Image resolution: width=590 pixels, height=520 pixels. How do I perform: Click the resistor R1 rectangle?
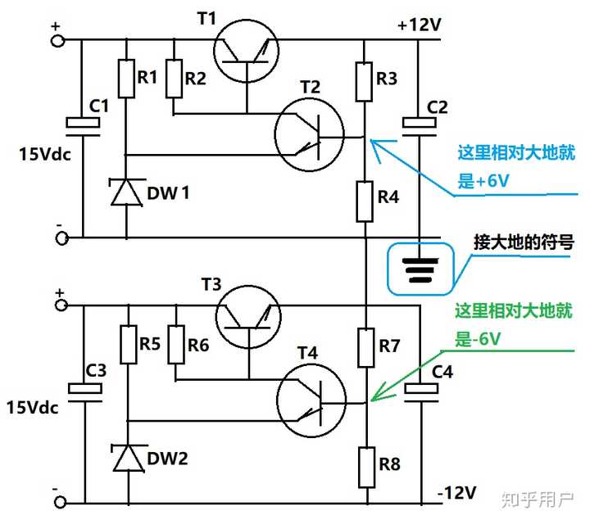[x=126, y=78]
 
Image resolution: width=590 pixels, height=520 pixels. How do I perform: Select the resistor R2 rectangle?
[x=174, y=78]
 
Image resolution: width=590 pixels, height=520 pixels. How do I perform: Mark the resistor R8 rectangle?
[x=367, y=464]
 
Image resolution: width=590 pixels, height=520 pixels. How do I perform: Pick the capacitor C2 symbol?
[x=419, y=124]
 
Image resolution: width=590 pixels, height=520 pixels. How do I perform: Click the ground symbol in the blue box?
[x=419, y=269]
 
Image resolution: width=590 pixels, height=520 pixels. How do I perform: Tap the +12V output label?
[x=419, y=25]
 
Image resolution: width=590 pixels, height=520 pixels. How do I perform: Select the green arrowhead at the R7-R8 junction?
[x=374, y=398]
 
